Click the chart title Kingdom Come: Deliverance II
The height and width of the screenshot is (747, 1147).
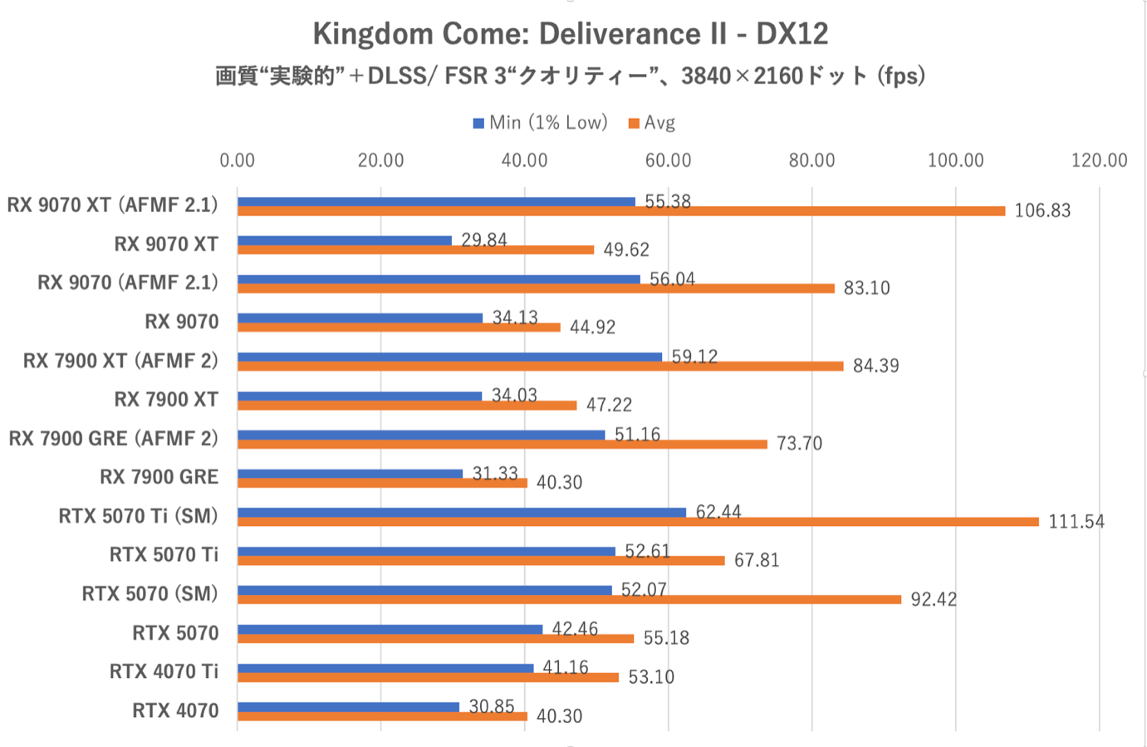point(570,34)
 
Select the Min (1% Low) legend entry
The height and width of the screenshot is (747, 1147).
point(540,123)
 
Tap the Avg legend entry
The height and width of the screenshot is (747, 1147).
point(652,123)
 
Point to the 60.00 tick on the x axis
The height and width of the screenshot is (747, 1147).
point(668,160)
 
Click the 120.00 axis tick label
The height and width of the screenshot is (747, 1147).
point(1099,160)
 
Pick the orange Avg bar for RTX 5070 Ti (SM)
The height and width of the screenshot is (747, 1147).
point(638,522)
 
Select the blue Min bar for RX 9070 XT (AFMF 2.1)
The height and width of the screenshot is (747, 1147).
point(436,201)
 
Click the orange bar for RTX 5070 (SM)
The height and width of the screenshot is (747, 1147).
point(569,599)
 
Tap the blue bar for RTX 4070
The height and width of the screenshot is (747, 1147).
point(348,707)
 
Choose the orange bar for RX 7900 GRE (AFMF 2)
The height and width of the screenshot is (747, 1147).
point(502,444)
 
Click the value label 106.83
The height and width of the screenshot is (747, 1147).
point(1042,211)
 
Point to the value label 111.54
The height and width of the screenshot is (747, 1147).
point(1076,522)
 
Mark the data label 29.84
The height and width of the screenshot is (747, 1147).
point(484,240)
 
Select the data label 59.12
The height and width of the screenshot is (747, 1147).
point(694,356)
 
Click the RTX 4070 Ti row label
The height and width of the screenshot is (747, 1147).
point(164,671)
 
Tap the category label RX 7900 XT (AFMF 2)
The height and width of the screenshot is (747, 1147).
point(120,361)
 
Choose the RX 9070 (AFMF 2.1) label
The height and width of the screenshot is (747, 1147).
point(128,283)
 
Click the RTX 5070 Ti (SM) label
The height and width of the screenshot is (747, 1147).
point(138,516)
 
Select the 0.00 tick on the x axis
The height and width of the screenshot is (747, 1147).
point(238,160)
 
